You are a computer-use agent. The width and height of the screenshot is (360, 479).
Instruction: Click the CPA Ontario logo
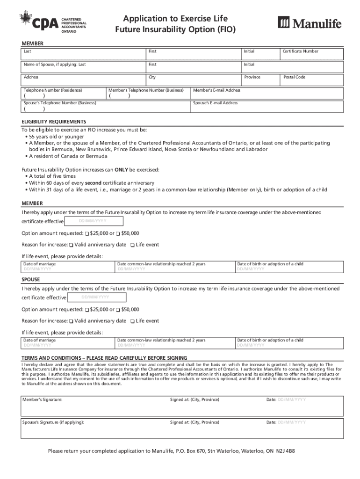52,22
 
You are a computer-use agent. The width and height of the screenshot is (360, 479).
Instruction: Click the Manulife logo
310,22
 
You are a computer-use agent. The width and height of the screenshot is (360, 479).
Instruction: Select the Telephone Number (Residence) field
64,93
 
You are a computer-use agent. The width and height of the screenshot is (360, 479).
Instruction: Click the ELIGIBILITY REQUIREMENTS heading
54,122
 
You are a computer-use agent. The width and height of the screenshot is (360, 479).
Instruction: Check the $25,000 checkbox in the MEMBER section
87,233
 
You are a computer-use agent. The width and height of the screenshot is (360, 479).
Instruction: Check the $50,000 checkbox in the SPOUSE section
118,310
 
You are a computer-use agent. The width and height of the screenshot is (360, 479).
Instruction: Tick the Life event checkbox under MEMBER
133,245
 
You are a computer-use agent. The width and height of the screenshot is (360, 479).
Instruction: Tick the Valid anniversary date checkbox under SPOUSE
71,321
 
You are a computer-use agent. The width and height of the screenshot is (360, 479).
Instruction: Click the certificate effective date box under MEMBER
94,221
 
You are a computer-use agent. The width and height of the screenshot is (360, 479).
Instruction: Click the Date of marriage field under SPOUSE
68,343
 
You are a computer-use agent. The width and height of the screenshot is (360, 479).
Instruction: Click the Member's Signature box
94,406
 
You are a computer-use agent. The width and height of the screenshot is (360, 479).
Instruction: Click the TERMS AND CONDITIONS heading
104,358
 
